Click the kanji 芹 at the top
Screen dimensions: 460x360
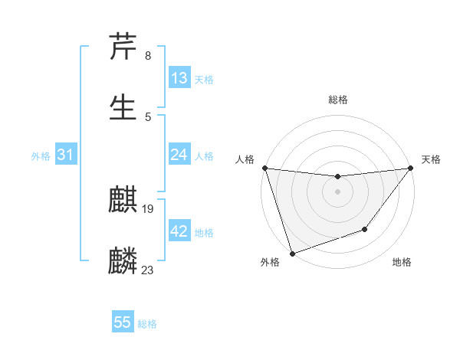[123, 47]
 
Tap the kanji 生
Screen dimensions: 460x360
[123, 106]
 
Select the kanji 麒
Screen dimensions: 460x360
[123, 200]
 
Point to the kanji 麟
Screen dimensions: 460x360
[123, 261]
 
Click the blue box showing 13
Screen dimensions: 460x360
[179, 78]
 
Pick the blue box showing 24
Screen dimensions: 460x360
[179, 155]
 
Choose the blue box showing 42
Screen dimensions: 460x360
[179, 231]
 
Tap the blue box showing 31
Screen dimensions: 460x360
[66, 155]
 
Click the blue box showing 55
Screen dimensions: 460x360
[123, 322]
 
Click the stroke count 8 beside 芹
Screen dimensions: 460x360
[147, 56]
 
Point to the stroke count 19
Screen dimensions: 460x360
[148, 208]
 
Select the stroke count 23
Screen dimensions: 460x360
[148, 270]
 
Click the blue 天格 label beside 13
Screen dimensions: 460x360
[204, 80]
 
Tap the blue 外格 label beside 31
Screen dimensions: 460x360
[41, 156]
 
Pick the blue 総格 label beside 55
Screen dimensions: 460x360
[147, 324]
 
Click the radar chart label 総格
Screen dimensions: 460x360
[337, 100]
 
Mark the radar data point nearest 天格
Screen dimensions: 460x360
[410, 169]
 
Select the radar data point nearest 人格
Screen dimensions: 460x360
[264, 168]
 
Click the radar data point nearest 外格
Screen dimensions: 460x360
[292, 253]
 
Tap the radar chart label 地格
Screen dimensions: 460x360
[402, 263]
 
